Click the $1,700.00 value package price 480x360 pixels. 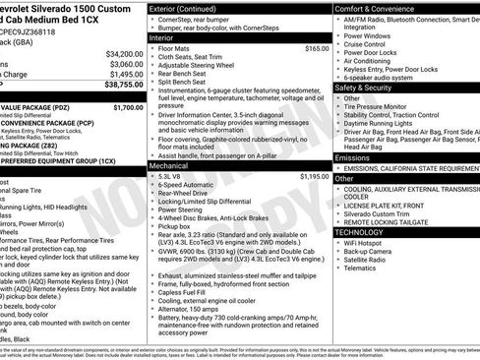point(128,107)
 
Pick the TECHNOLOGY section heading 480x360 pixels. point(363,232)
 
